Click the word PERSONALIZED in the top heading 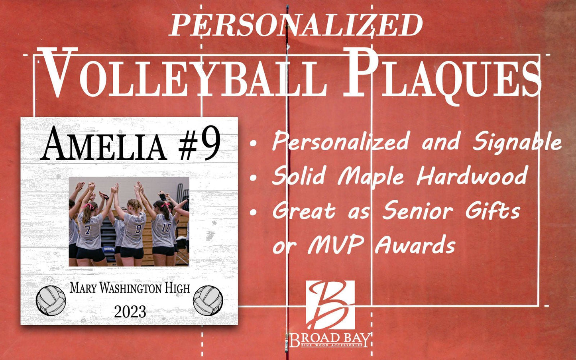[x=296, y=25]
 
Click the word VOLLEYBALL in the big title [x=184, y=74]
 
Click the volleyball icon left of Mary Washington [x=51, y=300]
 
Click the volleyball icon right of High [x=208, y=300]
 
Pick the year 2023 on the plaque [x=130, y=311]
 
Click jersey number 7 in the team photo [x=88, y=230]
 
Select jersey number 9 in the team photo [x=138, y=228]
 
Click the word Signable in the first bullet [x=517, y=142]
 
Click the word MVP [x=336, y=245]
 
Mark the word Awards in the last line [x=415, y=245]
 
